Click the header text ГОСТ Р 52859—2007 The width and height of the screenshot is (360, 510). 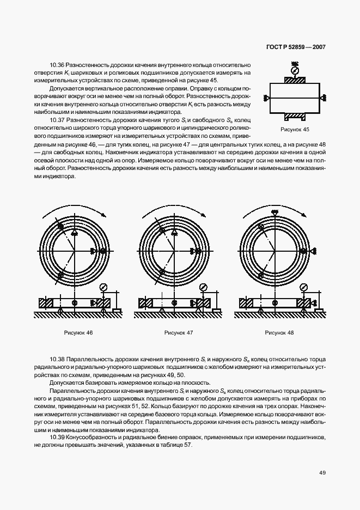click(296, 47)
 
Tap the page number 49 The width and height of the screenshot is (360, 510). click(322, 472)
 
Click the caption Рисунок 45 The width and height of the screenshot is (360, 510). click(294, 130)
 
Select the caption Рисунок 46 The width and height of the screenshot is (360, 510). click(78, 332)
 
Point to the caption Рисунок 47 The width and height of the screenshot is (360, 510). click(179, 332)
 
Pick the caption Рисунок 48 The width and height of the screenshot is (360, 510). click(279, 332)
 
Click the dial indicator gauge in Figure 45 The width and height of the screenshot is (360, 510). click(295, 70)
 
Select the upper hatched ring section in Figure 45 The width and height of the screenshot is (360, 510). click(295, 81)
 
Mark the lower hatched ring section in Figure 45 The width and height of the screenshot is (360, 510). click(295, 116)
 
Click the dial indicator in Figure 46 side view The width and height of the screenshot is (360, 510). click(104, 288)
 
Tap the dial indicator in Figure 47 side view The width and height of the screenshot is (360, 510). click(204, 288)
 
